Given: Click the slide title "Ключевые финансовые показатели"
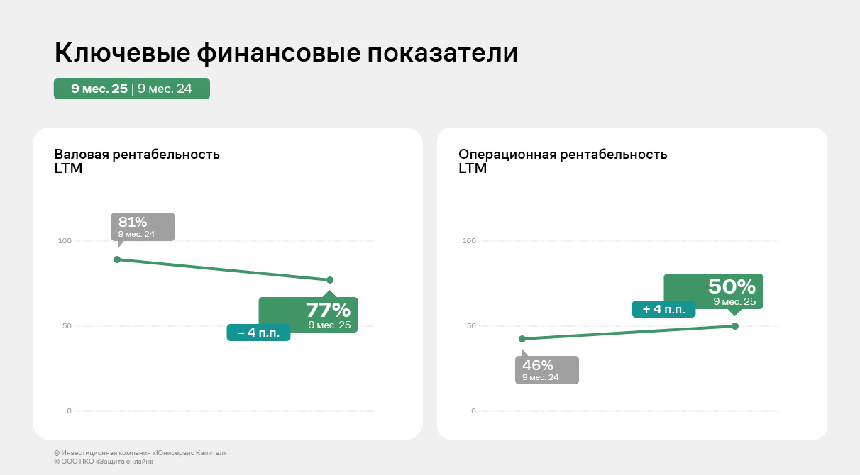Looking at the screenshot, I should click(286, 54).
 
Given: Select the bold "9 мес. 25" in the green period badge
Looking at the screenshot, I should click(99, 89).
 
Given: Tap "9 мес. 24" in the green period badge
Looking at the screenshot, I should click(165, 89).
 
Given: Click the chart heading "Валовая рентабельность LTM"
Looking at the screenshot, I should click(137, 161).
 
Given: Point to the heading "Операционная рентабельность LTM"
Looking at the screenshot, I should click(563, 161).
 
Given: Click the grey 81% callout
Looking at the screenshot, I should click(142, 226).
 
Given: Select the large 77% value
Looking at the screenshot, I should click(328, 310).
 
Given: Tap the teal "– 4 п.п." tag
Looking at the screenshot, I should click(258, 332).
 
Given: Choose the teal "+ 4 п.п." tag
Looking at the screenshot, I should click(663, 309).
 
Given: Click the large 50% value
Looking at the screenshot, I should click(732, 286).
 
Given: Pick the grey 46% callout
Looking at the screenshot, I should click(546, 369).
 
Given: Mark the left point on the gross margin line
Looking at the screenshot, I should click(117, 259).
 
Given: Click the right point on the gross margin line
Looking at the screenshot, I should click(330, 280).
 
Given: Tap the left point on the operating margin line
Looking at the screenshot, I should click(522, 339).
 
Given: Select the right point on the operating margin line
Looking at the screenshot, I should click(734, 326).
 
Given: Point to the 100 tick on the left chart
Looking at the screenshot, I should click(65, 241).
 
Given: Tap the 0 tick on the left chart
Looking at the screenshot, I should click(69, 411).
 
